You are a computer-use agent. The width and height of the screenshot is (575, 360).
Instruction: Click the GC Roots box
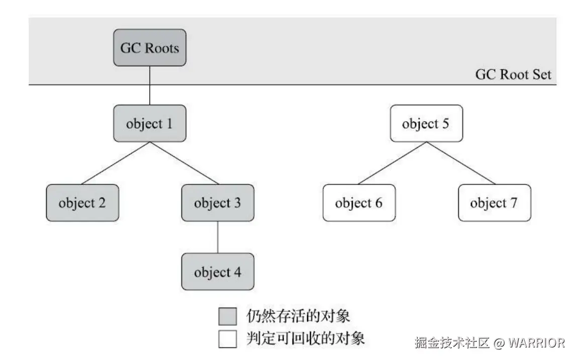150,48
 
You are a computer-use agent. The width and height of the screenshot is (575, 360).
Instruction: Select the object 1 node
150,123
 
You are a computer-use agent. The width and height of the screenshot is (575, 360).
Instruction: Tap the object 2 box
82,203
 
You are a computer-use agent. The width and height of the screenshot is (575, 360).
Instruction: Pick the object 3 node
217,203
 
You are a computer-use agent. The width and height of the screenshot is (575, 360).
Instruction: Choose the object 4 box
217,272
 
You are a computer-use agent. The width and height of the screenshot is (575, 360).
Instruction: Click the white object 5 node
426,123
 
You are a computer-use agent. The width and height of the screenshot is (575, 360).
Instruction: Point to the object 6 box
358,203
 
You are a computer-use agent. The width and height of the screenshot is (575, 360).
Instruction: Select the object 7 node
494,203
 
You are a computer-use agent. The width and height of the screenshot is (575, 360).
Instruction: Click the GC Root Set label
513,75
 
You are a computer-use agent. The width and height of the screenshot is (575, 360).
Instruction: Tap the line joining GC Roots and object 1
150,85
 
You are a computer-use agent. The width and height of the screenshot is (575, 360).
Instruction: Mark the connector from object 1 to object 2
116,163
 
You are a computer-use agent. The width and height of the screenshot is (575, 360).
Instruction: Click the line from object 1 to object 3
184,163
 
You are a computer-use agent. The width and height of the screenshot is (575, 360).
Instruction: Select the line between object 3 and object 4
217,237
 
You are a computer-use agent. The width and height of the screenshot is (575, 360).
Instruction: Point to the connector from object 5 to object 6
392,163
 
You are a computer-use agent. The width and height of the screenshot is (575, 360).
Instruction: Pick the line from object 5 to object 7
460,163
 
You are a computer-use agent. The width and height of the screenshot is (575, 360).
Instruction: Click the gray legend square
227,316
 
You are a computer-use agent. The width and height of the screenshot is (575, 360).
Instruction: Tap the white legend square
227,338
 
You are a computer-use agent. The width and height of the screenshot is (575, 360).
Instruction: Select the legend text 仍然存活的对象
298,316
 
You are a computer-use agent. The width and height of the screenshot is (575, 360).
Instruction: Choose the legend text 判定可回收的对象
305,338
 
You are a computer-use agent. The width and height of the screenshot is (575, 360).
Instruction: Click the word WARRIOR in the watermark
536,343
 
